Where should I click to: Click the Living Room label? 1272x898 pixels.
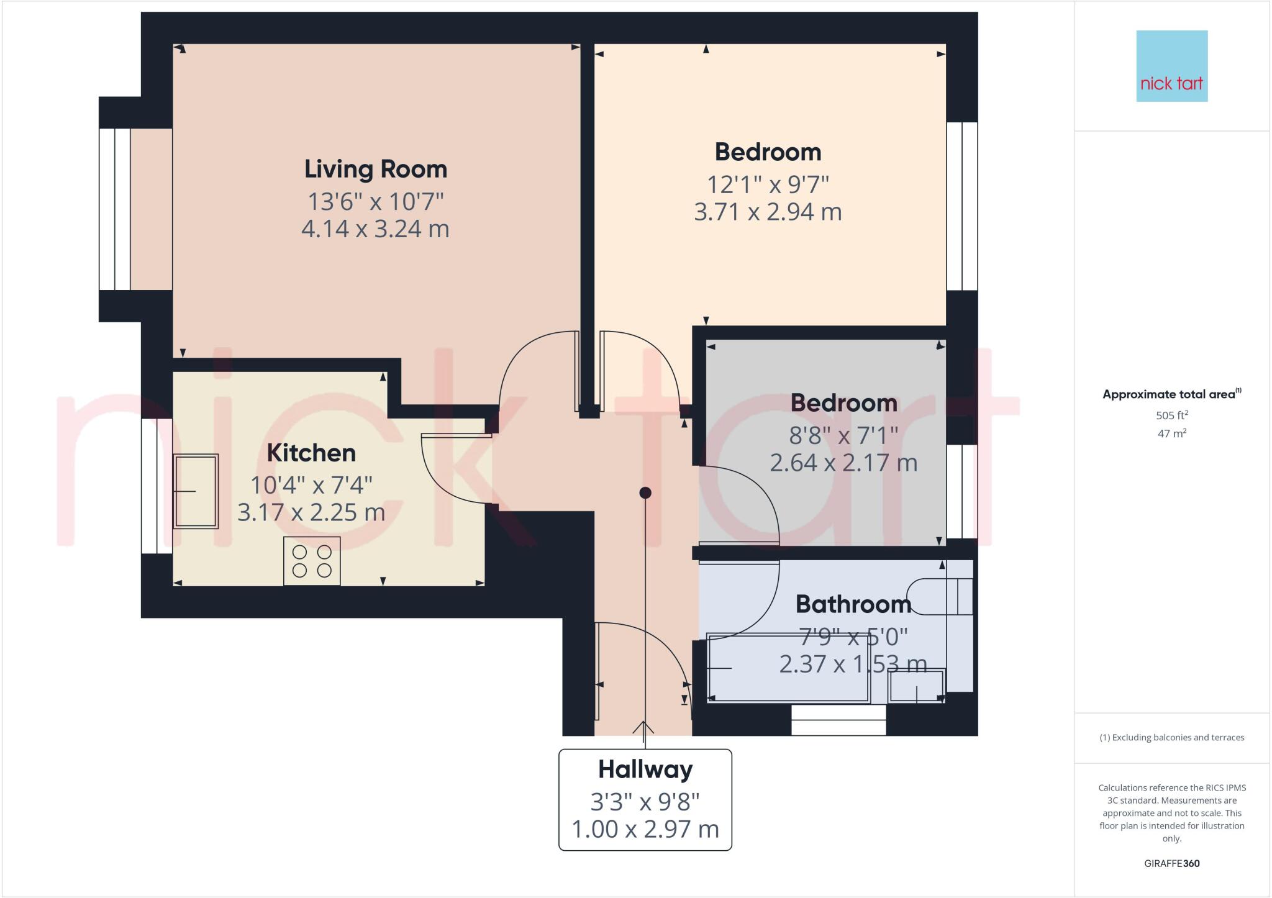(x=375, y=169)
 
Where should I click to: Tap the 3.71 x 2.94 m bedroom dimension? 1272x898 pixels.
(x=768, y=212)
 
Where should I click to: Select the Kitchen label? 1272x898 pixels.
(x=311, y=453)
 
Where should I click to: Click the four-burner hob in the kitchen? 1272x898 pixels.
(x=312, y=561)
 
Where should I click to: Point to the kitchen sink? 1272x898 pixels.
(x=196, y=491)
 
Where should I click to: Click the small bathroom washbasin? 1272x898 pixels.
(x=917, y=686)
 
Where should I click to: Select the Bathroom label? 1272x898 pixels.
(x=853, y=604)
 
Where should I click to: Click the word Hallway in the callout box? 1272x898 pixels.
(x=645, y=769)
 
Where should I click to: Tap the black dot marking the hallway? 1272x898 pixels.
(x=645, y=492)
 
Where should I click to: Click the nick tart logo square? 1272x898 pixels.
(x=1171, y=66)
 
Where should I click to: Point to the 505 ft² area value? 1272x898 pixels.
(x=1171, y=415)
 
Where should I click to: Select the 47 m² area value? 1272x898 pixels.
(x=1171, y=433)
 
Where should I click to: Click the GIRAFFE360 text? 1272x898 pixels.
(x=1171, y=863)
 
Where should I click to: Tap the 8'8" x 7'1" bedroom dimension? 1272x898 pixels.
(x=843, y=435)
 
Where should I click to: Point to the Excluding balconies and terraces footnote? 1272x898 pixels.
(x=1171, y=738)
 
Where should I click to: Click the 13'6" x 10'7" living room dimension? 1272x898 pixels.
(x=375, y=201)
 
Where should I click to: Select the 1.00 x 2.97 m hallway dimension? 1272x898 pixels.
(x=645, y=829)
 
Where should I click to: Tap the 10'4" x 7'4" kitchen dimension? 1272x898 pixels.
(x=311, y=484)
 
